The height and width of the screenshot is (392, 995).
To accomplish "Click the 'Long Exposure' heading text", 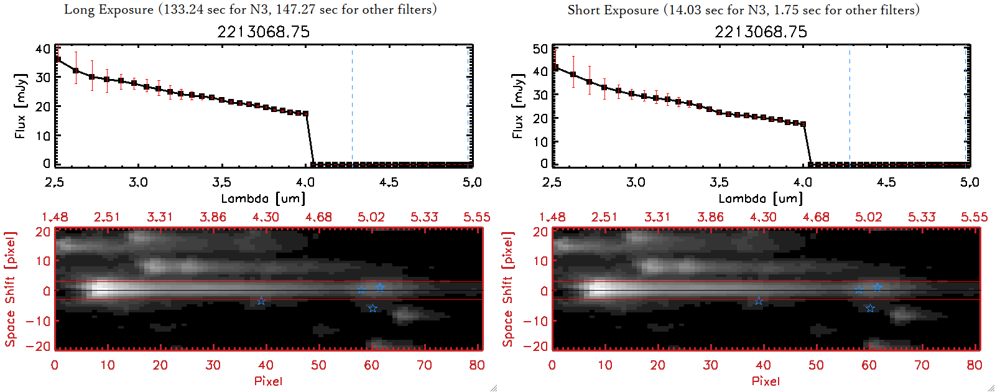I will coord(108,9).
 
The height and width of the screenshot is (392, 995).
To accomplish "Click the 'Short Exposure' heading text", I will coord(613,10).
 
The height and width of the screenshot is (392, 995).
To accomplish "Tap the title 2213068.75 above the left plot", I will coord(263,32).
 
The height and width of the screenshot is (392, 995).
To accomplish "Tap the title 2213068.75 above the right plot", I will coord(761,32).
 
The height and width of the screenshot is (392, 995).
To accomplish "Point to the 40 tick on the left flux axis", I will coord(43,49).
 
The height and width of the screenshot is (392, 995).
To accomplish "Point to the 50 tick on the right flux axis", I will coord(540,49).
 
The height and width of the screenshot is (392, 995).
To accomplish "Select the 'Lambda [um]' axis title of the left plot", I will coord(263,198).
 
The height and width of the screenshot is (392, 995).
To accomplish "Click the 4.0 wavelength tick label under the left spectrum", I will coord(305,182).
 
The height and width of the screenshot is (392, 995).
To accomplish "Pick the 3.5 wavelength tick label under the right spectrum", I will coord(719,182).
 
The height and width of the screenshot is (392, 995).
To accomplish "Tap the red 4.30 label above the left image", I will coord(266,217).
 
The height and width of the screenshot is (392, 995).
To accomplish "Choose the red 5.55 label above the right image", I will coord(974,217).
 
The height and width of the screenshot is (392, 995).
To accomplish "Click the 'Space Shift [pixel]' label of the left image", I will coord(10,289).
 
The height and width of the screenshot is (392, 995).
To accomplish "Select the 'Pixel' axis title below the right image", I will coord(766,381).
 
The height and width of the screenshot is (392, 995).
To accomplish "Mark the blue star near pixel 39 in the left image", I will coord(261,301).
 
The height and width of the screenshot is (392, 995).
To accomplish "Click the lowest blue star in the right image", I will coord(870,309).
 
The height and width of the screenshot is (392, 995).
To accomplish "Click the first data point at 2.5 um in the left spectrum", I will coord(57,59).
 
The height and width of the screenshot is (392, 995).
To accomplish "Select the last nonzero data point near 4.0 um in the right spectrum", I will coord(803,124).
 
